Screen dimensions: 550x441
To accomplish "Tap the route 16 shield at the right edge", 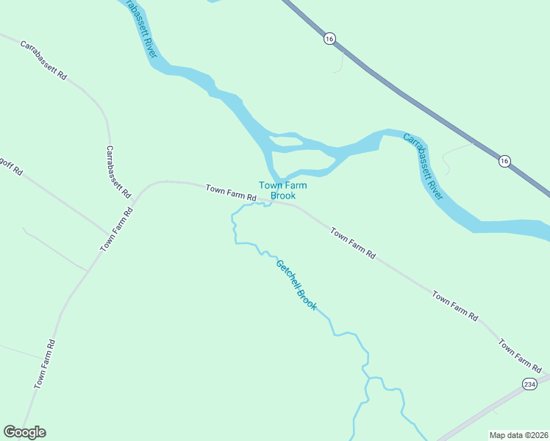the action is (x=504, y=161).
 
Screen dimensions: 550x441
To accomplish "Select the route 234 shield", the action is (x=529, y=384).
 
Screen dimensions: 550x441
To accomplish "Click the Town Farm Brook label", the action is (x=282, y=190).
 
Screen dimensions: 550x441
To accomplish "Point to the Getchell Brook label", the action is (x=296, y=284).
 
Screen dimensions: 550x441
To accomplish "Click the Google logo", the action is (x=24, y=432).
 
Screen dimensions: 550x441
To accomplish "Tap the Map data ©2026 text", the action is (x=518, y=435).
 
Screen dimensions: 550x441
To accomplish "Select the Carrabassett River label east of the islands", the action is (x=423, y=166).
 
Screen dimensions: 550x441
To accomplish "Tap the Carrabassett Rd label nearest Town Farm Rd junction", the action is (x=118, y=172).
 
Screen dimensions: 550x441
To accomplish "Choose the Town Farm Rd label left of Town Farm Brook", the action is (x=231, y=193).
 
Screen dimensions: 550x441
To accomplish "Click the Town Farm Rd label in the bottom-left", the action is (x=45, y=363).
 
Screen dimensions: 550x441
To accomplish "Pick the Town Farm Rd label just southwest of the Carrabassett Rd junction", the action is (x=117, y=229).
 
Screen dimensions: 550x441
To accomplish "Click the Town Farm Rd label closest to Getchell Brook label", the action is (x=353, y=244).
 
